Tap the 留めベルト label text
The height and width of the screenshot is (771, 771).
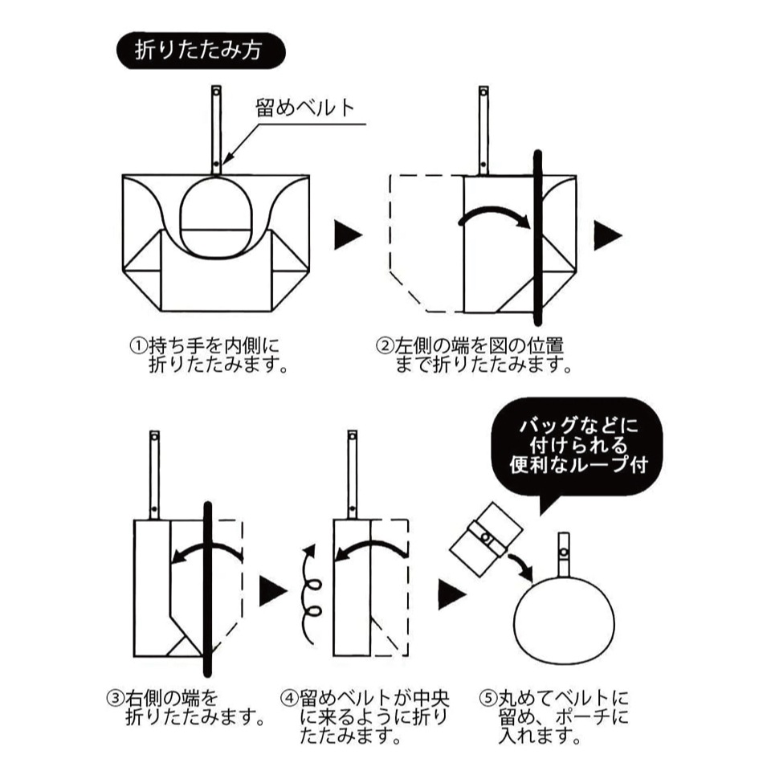tap(305, 109)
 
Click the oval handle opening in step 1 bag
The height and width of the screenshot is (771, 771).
tap(215, 214)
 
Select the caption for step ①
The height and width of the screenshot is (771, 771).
tap(206, 356)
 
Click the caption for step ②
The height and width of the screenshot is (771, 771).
tap(474, 356)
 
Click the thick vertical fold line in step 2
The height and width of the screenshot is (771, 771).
tap(536, 236)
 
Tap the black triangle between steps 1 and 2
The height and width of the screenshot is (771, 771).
tap(347, 236)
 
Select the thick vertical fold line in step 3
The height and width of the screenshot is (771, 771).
tap(207, 589)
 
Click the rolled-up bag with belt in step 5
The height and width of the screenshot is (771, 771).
tap(485, 538)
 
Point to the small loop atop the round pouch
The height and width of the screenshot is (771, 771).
tap(564, 552)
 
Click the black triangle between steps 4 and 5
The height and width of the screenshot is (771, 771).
tap(451, 594)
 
